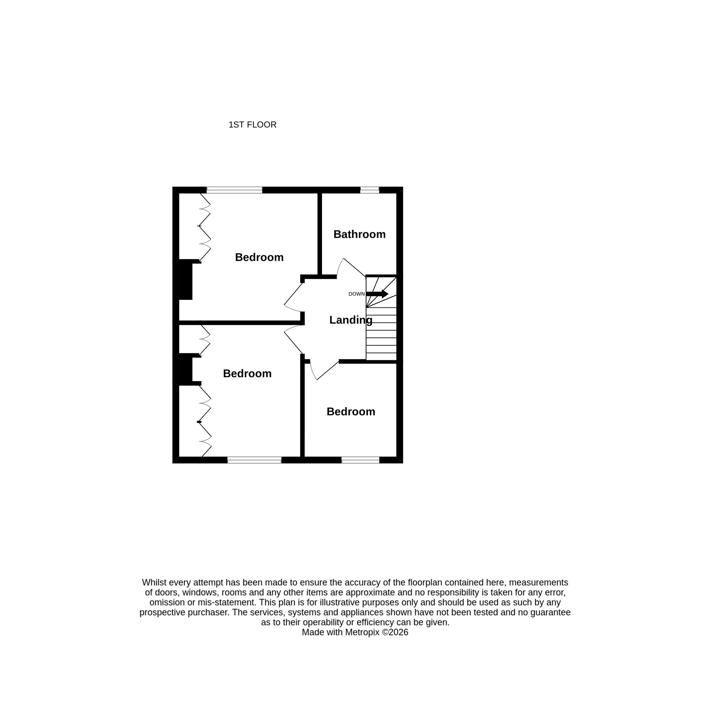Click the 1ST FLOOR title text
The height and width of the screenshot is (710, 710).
252,125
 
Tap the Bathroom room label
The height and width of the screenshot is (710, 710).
359,234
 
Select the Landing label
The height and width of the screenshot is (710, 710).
351,320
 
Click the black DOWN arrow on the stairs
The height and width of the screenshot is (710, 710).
377,294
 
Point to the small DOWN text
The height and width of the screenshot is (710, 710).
356,294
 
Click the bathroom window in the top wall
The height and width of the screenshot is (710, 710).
369,190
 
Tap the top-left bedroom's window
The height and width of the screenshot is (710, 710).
234,190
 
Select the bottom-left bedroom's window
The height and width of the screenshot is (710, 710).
254,460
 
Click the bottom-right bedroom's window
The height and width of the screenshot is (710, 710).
360,460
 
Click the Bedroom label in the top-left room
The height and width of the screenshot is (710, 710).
259,257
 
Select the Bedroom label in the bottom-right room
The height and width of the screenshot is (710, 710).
351,412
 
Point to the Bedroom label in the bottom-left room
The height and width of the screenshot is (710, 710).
247,373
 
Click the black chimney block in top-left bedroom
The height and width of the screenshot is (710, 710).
186,279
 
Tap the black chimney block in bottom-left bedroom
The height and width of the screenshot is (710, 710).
186,369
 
